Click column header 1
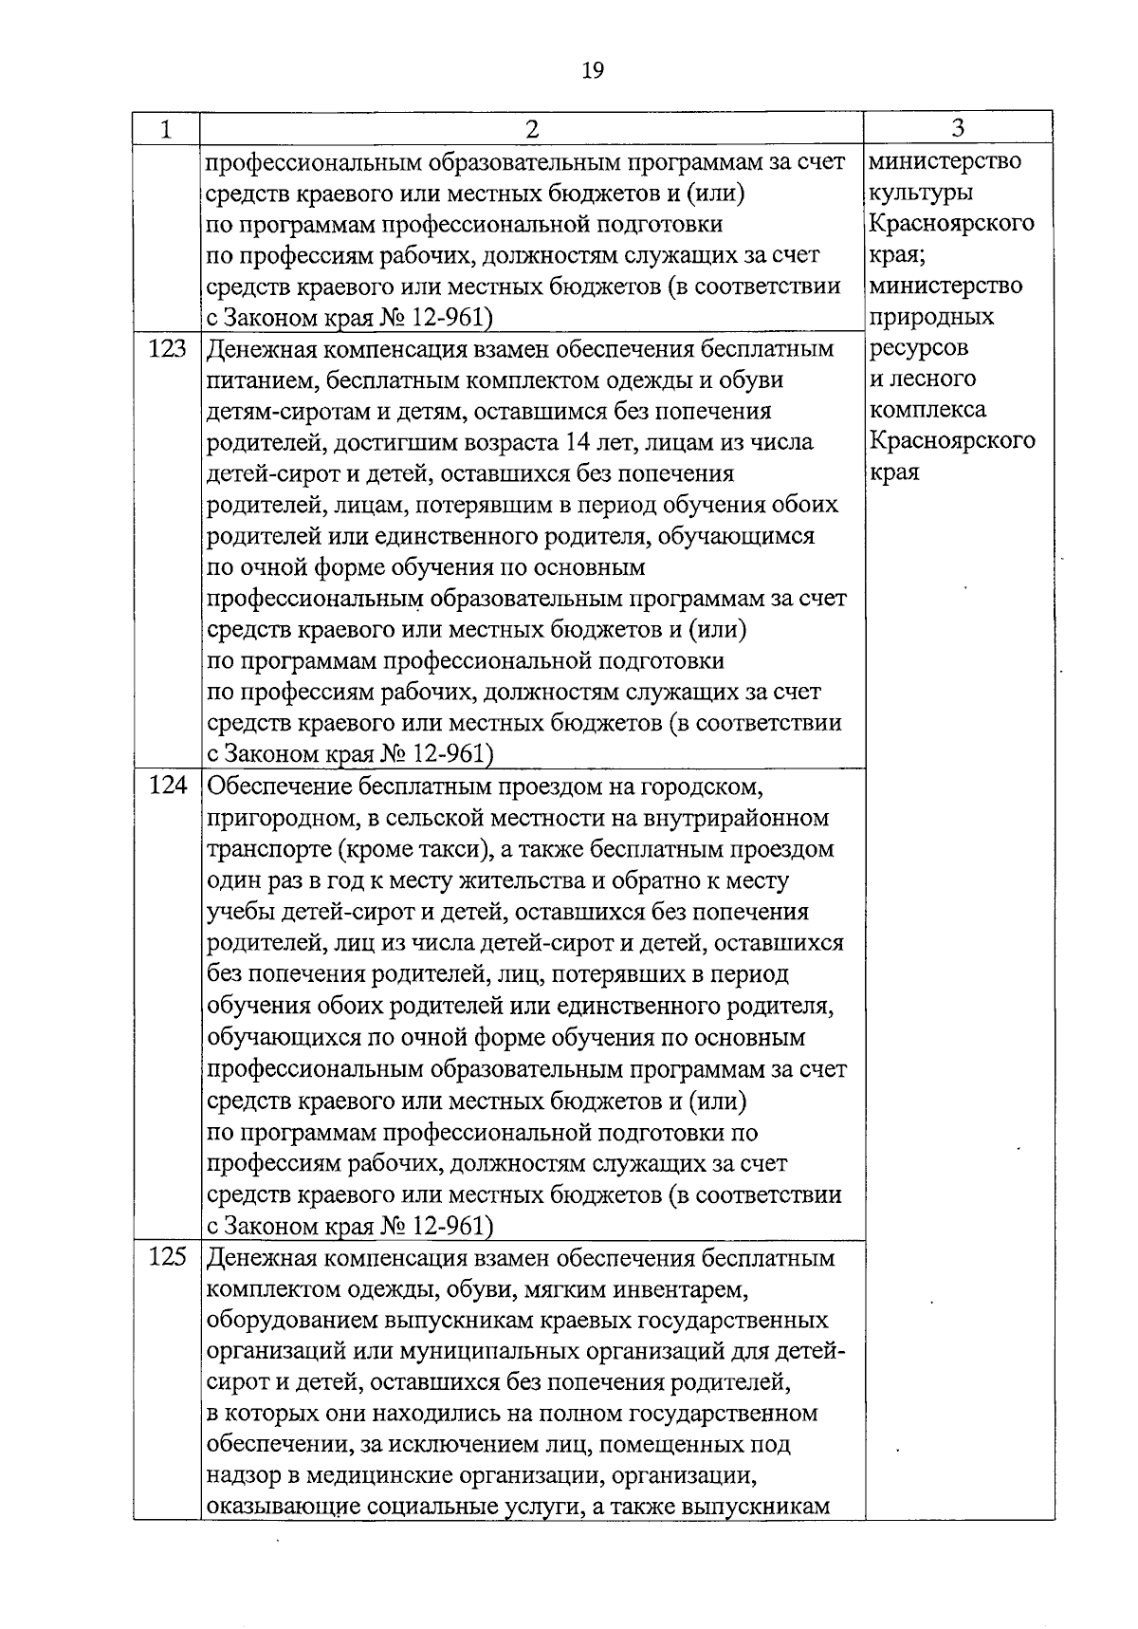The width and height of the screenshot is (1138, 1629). pos(166,129)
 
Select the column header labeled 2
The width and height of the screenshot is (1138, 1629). pos(531,129)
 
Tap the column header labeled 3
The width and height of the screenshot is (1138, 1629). pos(958,128)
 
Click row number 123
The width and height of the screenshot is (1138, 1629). pos(167,349)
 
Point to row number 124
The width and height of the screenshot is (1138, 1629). pos(167,787)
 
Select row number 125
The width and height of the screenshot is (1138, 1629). pos(167,1258)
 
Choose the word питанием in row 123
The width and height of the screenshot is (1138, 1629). pos(251,380)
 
